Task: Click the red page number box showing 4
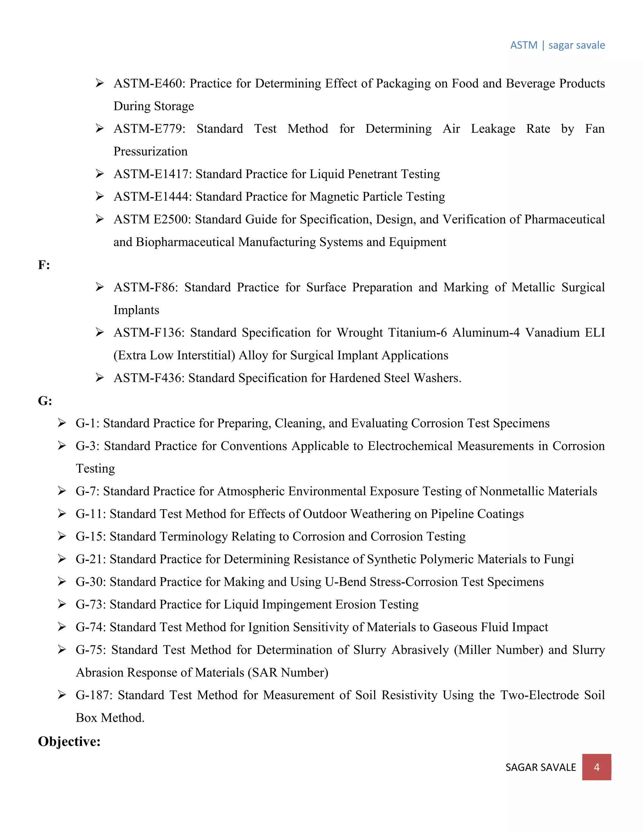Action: point(596,767)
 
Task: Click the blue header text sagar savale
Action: point(576,45)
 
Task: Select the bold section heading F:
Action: point(44,265)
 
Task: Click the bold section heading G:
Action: point(45,401)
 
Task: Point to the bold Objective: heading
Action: point(69,741)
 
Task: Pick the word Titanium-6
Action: point(417,332)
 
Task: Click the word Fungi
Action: point(559,559)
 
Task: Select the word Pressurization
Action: point(150,151)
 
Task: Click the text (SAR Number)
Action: point(288,673)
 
